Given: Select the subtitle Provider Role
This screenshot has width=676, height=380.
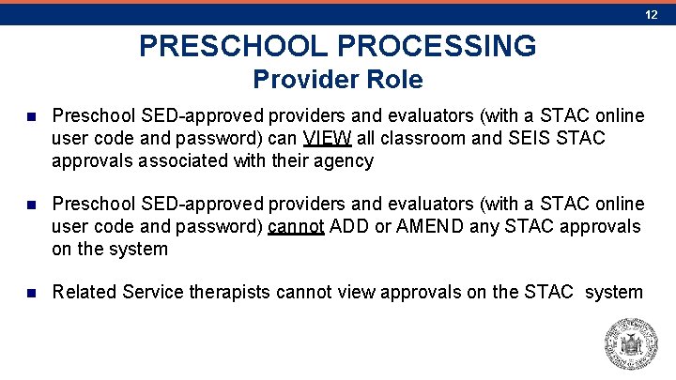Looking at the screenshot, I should pyautogui.click(x=338, y=79).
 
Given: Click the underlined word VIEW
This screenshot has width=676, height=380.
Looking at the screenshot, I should pyautogui.click(x=328, y=138).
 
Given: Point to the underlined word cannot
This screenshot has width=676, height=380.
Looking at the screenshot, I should pyautogui.click(x=296, y=226).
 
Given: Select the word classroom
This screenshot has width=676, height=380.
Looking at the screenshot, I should pyautogui.click(x=418, y=138).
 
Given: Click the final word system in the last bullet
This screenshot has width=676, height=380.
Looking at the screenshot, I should pyautogui.click(x=614, y=292).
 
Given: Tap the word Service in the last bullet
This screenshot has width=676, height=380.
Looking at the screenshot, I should pyautogui.click(x=150, y=292).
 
